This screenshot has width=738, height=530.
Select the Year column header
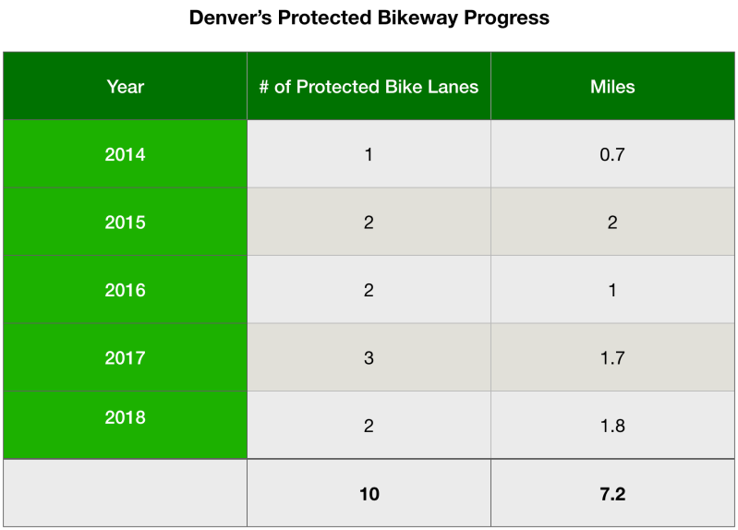tap(125, 87)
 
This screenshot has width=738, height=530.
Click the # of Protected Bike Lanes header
tap(369, 87)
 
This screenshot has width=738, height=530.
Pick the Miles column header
tap(612, 87)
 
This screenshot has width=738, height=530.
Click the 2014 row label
tap(125, 154)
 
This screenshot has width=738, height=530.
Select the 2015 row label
tap(125, 223)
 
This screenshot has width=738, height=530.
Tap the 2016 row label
tap(125, 290)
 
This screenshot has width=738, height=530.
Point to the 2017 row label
tap(125, 357)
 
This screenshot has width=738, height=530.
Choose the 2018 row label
tap(125, 417)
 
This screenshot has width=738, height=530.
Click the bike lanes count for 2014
tap(369, 154)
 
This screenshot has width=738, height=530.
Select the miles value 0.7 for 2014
tap(612, 154)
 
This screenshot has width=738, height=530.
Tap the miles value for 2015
tap(612, 223)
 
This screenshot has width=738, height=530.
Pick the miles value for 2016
tap(612, 290)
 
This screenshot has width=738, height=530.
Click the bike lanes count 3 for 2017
tap(369, 357)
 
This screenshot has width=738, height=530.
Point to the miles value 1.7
tap(612, 357)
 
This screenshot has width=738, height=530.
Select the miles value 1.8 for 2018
tap(612, 426)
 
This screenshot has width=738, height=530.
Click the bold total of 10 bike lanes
tap(369, 494)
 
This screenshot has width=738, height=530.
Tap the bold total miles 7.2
tap(612, 494)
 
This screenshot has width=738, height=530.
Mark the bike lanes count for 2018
tap(369, 426)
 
